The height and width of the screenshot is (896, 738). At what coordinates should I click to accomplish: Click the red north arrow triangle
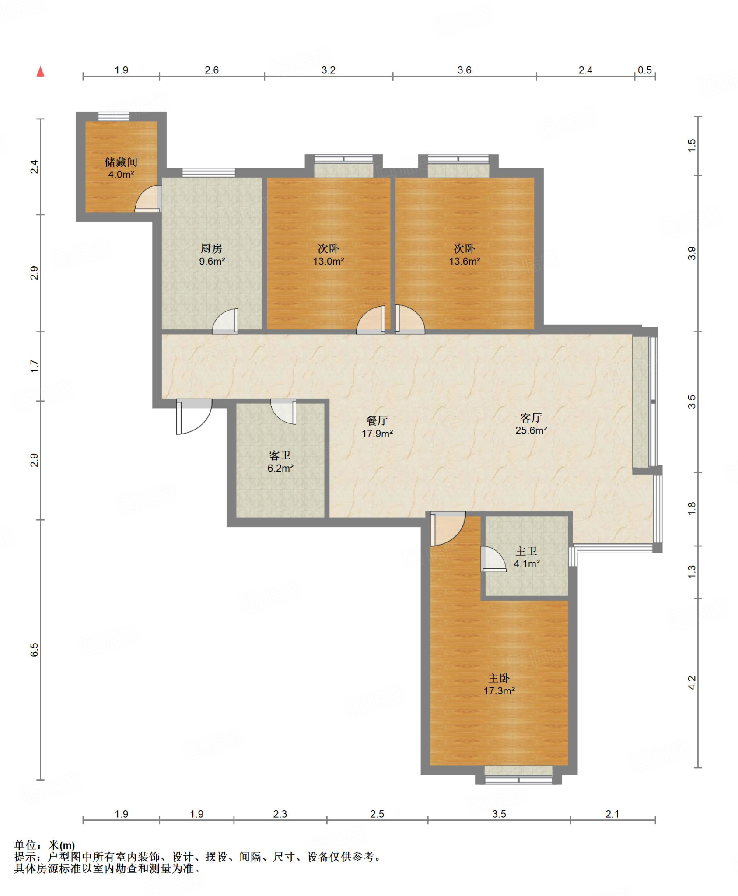[41, 71]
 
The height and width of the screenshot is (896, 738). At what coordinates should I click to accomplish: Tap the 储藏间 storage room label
[121, 162]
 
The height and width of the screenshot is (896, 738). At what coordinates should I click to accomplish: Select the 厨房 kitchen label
[212, 248]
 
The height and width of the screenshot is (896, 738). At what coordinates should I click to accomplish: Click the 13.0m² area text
[329, 262]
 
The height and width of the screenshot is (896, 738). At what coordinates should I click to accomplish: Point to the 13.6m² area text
[465, 262]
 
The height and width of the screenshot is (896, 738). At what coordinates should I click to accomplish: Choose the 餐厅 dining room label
[377, 421]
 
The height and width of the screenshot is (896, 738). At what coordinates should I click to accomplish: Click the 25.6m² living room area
[531, 430]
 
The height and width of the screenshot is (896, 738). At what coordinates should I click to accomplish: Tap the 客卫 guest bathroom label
[280, 456]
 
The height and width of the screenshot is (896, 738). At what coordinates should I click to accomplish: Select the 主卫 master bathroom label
[526, 551]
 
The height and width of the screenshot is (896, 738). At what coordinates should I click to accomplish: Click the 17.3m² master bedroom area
[499, 691]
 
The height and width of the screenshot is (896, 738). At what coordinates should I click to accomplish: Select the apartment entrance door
[194, 416]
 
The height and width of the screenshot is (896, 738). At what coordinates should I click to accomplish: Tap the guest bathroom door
[283, 412]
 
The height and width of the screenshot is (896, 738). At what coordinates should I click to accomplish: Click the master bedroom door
[448, 529]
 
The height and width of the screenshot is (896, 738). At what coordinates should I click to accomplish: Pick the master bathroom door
[493, 559]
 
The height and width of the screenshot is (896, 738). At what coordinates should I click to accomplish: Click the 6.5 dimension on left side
[34, 650]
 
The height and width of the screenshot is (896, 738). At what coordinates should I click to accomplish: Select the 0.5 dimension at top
[645, 70]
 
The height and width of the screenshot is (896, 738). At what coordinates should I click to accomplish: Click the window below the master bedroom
[518, 780]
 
